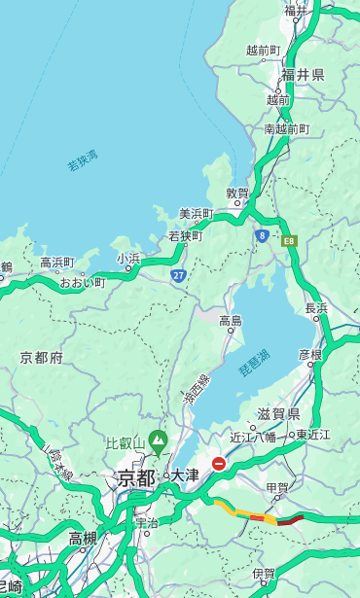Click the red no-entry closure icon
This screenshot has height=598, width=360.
click(x=219, y=465)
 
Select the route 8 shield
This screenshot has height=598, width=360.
click(x=262, y=235)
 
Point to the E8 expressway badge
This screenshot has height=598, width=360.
click(x=289, y=238)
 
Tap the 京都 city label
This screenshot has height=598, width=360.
click(x=136, y=477)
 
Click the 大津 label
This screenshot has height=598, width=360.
click(x=185, y=476)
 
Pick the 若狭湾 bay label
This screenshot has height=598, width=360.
click(x=83, y=160)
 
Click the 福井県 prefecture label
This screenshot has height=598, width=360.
click(x=304, y=75)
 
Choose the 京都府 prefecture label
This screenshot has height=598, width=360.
click(x=41, y=358)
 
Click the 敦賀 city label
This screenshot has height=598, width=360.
click(x=237, y=193)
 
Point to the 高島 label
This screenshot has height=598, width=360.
click(x=231, y=321)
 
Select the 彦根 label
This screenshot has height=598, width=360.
click(x=309, y=355)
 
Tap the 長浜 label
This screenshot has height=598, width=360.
click(x=316, y=308)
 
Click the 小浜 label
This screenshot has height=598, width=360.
click(x=128, y=259)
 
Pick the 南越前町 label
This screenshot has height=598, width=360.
click(x=286, y=128)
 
